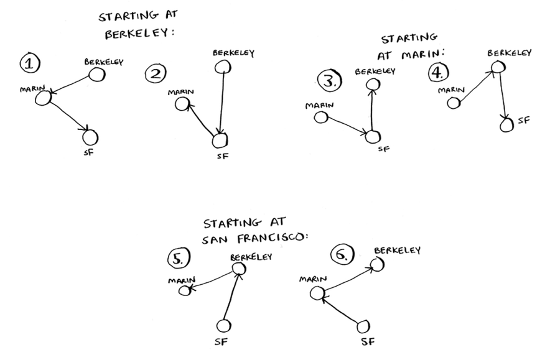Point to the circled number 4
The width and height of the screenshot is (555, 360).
coord(438,73)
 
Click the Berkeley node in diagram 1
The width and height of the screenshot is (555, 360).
coord(96,75)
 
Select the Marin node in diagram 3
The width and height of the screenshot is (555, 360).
coord(321,117)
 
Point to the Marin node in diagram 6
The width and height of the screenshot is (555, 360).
coord(317,292)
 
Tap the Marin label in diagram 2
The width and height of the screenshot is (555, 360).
coord(180,93)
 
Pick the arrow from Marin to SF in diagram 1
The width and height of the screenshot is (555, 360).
coord(67,115)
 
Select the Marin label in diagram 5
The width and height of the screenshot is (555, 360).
coord(182,280)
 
